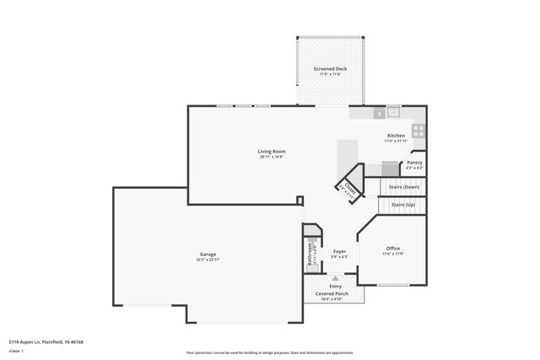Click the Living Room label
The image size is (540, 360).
coord(272,151)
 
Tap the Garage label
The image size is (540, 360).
coord(208,254)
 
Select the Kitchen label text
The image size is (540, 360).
coord(396,136)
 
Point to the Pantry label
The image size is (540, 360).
coord(414,163)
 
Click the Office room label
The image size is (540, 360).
coord(393,248)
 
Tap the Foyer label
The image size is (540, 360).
coord(339,251)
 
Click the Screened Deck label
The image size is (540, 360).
coord(330,69)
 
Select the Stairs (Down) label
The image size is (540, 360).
coord(405,186)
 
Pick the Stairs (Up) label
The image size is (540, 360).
coord(403,204)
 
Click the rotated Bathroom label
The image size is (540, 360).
coord(310,255)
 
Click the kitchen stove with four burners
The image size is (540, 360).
coord(418,131)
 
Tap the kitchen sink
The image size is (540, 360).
coord(393,110)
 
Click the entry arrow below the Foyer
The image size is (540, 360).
coord(335,277)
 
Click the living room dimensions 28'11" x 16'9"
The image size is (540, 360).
coord(272,156)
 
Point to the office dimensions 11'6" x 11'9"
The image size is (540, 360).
coord(393,253)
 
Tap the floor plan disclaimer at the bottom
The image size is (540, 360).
coord(269,352)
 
